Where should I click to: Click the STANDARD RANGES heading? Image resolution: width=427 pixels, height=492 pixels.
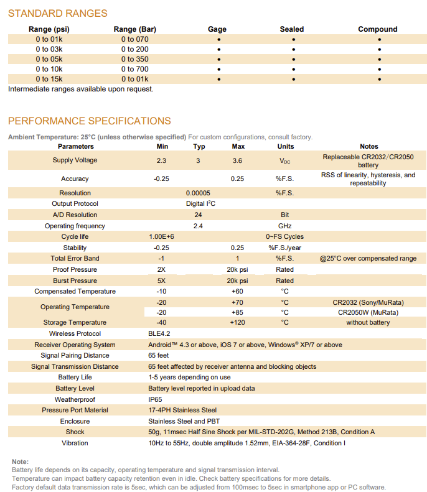pyautogui.click(x=57, y=13)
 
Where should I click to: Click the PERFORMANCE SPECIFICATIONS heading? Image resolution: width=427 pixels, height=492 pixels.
pyautogui.click(x=89, y=121)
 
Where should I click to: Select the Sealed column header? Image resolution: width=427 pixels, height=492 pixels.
pyautogui.click(x=292, y=29)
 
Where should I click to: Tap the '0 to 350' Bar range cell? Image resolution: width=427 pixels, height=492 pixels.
pyautogui.click(x=135, y=59)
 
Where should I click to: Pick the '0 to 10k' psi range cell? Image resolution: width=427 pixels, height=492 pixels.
pyautogui.click(x=49, y=69)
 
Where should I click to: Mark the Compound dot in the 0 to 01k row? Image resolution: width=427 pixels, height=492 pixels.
pyautogui.click(x=379, y=39)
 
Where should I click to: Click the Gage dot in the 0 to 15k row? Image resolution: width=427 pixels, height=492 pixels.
pyautogui.click(x=218, y=79)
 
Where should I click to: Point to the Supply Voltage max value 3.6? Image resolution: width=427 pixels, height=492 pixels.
pyautogui.click(x=237, y=160)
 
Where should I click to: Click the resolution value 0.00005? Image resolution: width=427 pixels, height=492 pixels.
pyautogui.click(x=198, y=193)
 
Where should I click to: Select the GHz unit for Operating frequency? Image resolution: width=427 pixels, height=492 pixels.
pyautogui.click(x=284, y=226)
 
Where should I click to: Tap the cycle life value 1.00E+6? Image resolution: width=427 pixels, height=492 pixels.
pyautogui.click(x=162, y=236)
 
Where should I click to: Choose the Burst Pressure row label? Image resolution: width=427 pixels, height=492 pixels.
pyautogui.click(x=75, y=281)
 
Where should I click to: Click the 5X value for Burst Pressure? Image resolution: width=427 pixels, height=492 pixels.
pyautogui.click(x=162, y=281)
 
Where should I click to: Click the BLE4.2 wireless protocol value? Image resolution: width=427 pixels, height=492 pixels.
pyautogui.click(x=159, y=333)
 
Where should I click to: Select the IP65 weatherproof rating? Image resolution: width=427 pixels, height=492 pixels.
pyautogui.click(x=155, y=399)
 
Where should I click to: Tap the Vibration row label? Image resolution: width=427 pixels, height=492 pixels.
pyautogui.click(x=75, y=443)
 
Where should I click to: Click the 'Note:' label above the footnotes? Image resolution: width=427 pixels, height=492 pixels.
pyautogui.click(x=21, y=461)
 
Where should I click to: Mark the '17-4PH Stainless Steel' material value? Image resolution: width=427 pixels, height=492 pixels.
pyautogui.click(x=182, y=410)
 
